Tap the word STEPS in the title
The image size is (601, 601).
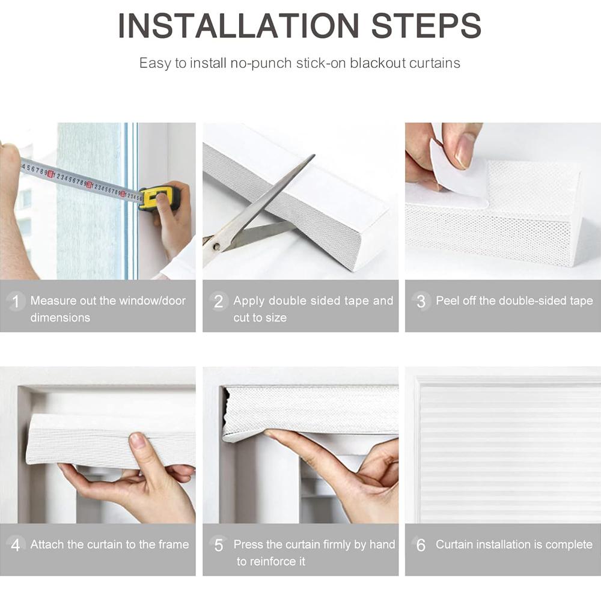tap(426, 26)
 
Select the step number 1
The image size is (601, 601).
tap(16, 301)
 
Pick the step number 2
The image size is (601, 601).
tap(219, 301)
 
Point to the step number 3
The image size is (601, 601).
tap(421, 301)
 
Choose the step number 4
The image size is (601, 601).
tap(16, 545)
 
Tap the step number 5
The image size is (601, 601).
tap(219, 545)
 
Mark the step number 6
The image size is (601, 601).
tap(421, 545)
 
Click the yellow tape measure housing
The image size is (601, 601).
tap(159, 197)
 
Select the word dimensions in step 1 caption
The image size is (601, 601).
tap(60, 317)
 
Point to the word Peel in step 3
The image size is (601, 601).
tap(448, 300)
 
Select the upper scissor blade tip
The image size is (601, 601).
tap(314, 155)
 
